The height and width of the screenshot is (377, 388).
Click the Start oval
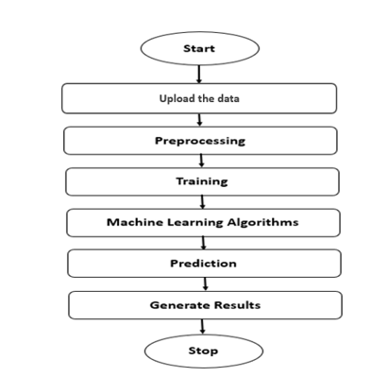click(199, 47)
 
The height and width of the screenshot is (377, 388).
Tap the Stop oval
click(202, 351)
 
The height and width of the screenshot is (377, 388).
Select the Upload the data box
click(199, 98)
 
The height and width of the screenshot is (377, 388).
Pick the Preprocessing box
click(200, 141)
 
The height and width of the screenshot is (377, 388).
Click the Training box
click(202, 181)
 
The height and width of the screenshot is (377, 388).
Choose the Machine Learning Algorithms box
click(203, 222)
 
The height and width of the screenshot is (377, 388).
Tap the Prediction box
click(203, 263)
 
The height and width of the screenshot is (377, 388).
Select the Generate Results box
click(205, 305)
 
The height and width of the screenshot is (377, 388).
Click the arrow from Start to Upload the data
click(199, 73)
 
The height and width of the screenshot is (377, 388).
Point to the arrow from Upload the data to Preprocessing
click(200, 120)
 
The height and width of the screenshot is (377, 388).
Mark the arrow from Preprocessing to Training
click(201, 162)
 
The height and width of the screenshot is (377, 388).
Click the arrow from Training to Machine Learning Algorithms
click(202, 202)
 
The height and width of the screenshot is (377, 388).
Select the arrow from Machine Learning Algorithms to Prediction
click(203, 243)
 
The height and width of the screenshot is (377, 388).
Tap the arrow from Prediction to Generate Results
click(204, 284)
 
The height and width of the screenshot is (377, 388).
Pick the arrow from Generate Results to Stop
click(203, 327)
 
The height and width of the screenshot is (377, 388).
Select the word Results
click(237, 305)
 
